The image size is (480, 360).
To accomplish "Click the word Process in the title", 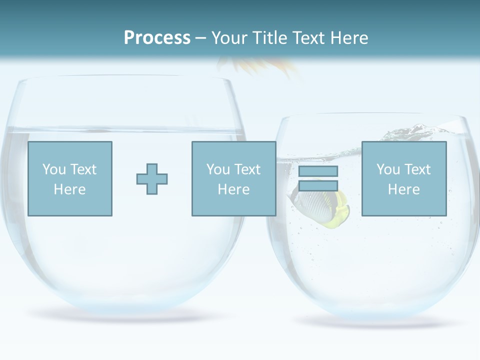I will click(x=157, y=38).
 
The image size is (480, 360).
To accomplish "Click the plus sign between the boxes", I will click(x=152, y=178).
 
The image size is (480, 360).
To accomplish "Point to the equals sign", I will click(x=318, y=178).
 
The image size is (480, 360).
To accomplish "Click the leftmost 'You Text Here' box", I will click(x=70, y=178).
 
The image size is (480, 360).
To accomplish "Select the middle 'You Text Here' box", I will click(x=233, y=178).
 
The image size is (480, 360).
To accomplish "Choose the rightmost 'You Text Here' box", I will click(x=404, y=178).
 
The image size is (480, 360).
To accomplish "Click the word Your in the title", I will click(x=229, y=38).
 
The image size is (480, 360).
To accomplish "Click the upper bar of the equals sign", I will click(x=318, y=171).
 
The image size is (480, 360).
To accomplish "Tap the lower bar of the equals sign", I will click(x=318, y=185).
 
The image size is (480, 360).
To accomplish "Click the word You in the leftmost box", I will click(x=54, y=169).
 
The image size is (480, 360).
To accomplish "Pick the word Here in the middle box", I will click(x=233, y=189).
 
